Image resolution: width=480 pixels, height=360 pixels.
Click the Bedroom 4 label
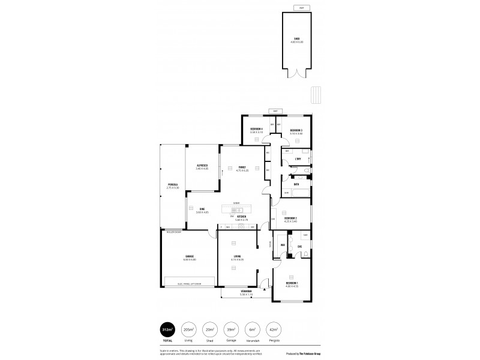[256, 130]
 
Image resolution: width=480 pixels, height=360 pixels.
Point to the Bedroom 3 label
[296, 130]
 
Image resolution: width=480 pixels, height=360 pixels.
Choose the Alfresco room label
[202, 166]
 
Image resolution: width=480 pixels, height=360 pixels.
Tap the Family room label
[242, 167]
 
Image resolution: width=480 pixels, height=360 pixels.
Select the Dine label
[202, 209]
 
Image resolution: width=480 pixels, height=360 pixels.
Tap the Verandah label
[247, 292]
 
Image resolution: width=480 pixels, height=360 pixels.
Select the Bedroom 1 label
[292, 283]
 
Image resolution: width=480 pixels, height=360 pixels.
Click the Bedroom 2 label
[291, 218]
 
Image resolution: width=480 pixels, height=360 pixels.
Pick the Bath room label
[296, 184]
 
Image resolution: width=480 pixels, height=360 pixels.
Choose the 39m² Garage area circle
[231, 330]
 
